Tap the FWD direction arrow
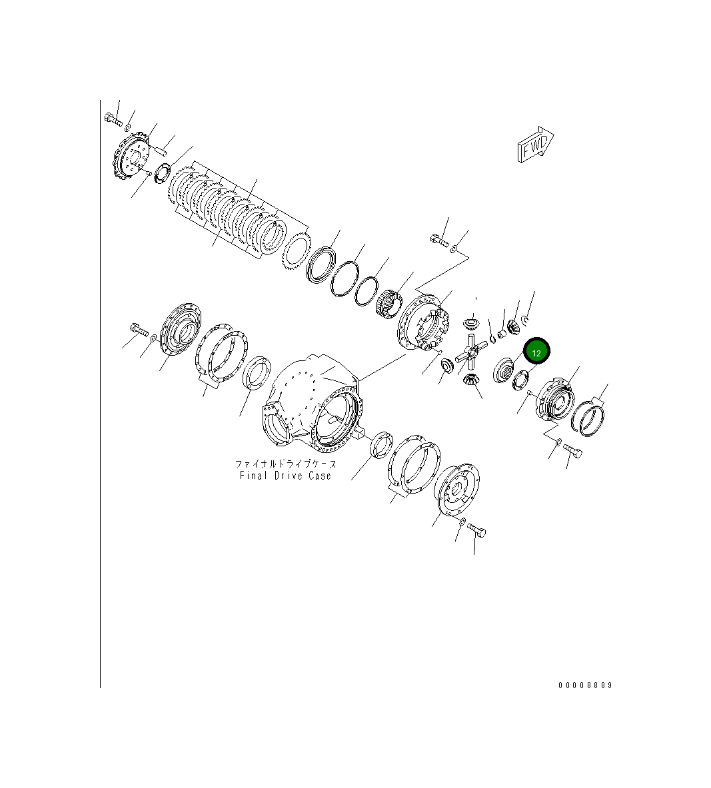534,145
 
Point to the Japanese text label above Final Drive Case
285,464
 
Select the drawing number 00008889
584,685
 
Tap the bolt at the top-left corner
113,121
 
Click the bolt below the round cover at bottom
476,531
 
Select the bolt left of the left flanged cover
137,330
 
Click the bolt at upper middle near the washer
438,240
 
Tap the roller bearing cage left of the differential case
387,304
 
